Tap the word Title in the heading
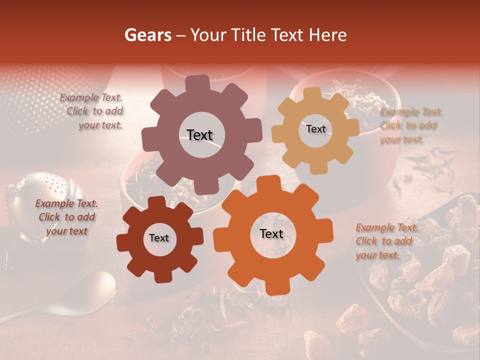click(x=250, y=35)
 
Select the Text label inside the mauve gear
click(x=199, y=135)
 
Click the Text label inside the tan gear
click(x=315, y=129)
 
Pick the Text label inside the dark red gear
click(x=159, y=238)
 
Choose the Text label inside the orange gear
click(x=271, y=233)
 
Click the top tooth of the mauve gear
click(x=197, y=84)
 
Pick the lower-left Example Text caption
click(x=67, y=217)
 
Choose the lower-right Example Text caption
click(x=386, y=241)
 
